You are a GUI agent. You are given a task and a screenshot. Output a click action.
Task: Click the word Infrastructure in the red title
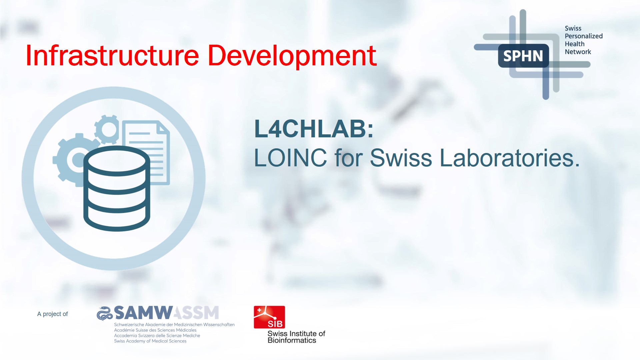click(112, 56)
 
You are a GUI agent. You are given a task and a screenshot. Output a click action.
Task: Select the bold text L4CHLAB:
click(313, 129)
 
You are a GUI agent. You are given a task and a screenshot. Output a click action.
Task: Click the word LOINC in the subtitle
click(290, 158)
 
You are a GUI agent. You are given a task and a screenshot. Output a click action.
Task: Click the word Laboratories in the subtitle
click(507, 158)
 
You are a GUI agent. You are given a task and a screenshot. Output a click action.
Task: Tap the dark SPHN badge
click(523, 56)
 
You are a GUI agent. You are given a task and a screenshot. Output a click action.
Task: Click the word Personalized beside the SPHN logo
click(583, 36)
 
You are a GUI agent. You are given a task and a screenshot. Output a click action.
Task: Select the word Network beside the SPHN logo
click(578, 52)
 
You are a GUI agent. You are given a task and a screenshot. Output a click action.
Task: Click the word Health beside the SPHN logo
click(574, 44)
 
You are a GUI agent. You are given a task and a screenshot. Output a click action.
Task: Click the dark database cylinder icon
click(117, 188)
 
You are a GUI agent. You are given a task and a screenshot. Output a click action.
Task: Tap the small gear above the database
click(107, 129)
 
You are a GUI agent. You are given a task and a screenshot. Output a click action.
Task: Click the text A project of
click(52, 314)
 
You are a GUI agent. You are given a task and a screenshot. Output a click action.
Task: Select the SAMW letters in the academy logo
click(143, 313)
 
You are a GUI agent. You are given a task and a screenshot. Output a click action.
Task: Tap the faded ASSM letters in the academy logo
click(197, 313)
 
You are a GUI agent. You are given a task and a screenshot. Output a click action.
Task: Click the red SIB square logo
click(269, 317)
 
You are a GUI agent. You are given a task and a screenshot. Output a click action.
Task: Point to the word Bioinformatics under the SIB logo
click(292, 340)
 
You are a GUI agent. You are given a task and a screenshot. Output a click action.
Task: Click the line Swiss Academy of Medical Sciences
click(150, 341)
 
